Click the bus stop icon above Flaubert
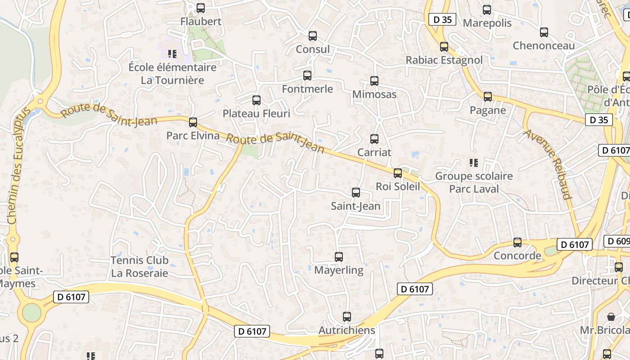[x=201, y=8]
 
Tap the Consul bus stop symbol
[x=312, y=36]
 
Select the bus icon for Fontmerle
[x=307, y=76]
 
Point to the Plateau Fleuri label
[x=256, y=113]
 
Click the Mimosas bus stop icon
[x=374, y=81]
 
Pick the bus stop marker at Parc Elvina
[x=193, y=122]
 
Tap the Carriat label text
[x=374, y=153]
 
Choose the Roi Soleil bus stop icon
[x=397, y=173]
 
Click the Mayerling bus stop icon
[x=339, y=257]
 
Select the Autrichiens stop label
[x=346, y=330]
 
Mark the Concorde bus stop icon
[x=517, y=243]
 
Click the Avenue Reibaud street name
[x=548, y=165]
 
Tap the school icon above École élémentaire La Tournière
[x=172, y=54]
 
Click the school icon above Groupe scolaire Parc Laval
[x=473, y=162]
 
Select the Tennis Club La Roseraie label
[x=139, y=266]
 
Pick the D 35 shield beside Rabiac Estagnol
[x=442, y=20]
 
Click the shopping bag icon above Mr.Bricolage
[x=611, y=317]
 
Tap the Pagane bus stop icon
[x=487, y=97]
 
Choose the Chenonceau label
[x=544, y=46]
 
